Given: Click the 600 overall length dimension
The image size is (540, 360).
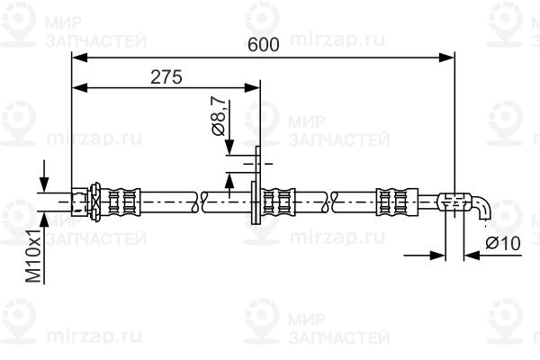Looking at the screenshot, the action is pos(264,44).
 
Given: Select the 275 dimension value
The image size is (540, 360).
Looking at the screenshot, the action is pos(166,77).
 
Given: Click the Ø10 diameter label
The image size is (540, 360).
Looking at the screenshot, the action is pos(503,244).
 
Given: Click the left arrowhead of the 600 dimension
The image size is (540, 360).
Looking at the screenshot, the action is pos(79,58).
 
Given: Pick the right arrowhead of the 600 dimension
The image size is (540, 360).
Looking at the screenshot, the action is pos(446,58).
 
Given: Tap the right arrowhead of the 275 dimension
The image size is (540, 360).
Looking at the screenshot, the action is pos(252,88).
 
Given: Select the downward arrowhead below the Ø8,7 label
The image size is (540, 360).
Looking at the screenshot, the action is pos(229,147).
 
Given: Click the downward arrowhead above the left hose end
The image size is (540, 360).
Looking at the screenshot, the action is pos(44,184).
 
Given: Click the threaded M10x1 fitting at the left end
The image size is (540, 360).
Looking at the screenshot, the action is pos(78,202).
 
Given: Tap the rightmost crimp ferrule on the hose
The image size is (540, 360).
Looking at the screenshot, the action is pos(397,202).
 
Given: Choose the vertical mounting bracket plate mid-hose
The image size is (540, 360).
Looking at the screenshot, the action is pos(256,185).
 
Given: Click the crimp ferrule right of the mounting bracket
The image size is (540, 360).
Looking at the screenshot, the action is pos(278,202).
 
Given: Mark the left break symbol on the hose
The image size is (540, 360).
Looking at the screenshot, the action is pos(200,202).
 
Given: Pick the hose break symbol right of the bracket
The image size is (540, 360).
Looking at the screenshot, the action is pos(329,202).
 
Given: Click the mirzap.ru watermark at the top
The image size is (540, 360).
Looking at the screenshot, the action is pos(337,40).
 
